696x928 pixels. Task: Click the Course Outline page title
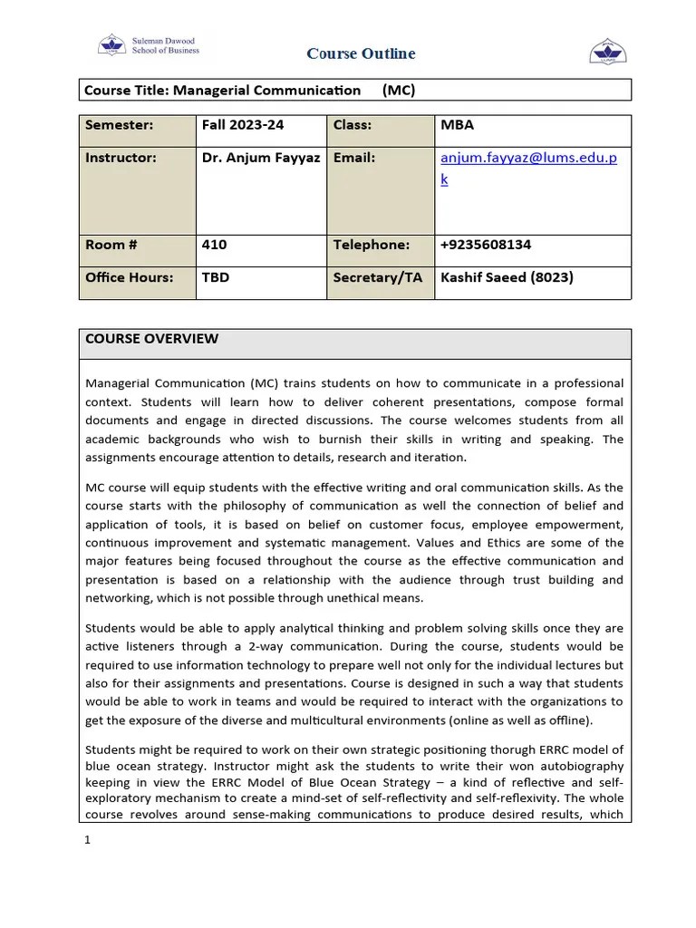click(361, 53)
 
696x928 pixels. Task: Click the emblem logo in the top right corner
click(608, 52)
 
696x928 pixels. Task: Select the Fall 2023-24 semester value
click(237, 125)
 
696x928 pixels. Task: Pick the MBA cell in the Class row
click(457, 125)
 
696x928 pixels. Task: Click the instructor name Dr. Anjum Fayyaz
click(259, 158)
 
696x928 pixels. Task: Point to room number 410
click(215, 245)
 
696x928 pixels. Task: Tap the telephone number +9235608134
click(486, 245)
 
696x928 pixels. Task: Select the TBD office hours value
click(216, 277)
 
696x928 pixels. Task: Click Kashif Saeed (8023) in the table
click(507, 277)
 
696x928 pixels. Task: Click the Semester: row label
click(119, 125)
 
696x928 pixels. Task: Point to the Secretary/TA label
click(377, 277)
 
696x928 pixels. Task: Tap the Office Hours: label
click(129, 277)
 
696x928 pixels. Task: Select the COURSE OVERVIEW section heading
click(151, 339)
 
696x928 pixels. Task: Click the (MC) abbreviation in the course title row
click(399, 91)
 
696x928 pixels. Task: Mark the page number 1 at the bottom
click(88, 840)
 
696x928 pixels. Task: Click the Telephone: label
click(372, 245)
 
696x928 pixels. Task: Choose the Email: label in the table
click(354, 158)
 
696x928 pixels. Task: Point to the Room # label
click(111, 245)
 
